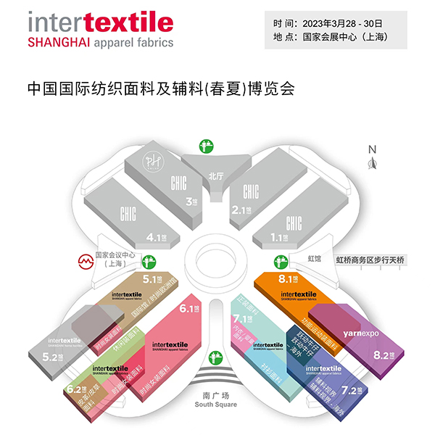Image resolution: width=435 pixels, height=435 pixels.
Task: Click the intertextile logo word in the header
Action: click(x=100, y=22)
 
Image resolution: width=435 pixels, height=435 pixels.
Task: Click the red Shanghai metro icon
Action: click(x=84, y=259)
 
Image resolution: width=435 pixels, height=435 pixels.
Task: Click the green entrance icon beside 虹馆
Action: click(x=276, y=260)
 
